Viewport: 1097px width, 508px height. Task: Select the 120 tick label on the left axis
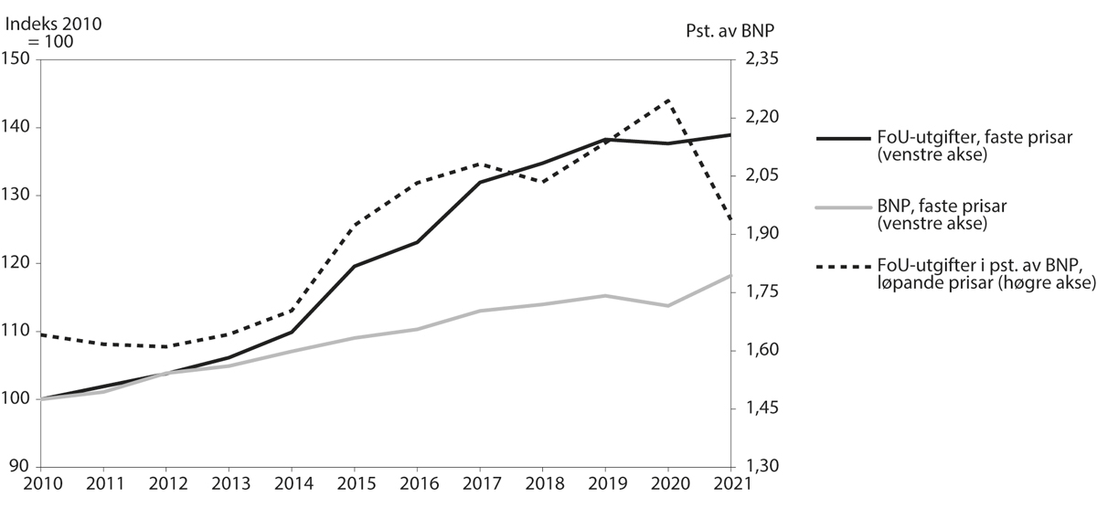point(18,264)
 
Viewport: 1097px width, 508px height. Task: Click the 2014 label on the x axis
point(291,484)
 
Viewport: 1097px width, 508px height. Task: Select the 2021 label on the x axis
point(728,484)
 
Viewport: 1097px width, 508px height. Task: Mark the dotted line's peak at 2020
point(668,100)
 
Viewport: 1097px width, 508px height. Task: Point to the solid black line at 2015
point(354,266)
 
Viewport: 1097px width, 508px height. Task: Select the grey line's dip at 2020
point(668,305)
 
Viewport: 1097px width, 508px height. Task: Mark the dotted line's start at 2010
point(40,334)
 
